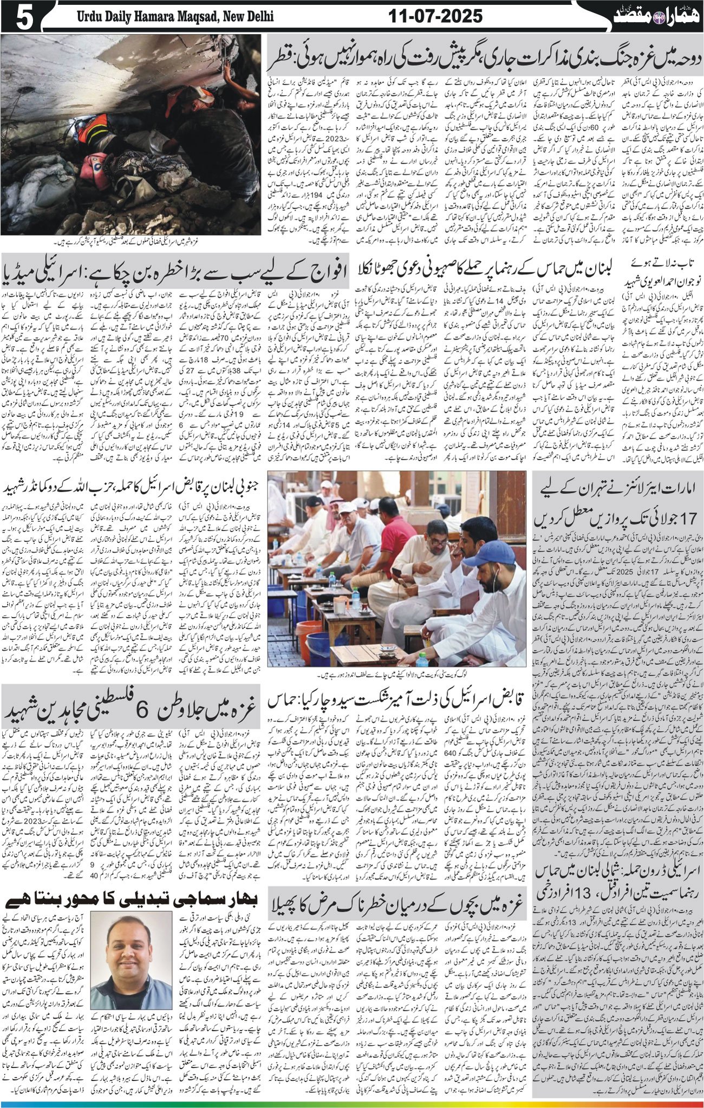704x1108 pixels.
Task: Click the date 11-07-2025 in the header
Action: pos(435,17)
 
